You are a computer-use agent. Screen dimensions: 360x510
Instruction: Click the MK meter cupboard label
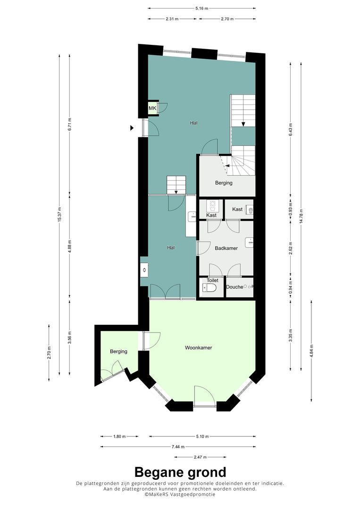(x=152, y=108)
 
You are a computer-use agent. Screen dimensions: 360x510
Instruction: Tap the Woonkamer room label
(x=198, y=348)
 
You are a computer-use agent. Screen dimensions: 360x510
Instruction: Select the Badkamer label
(x=226, y=248)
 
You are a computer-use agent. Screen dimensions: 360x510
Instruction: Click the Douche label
(x=234, y=287)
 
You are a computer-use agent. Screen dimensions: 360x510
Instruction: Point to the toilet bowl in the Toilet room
(x=209, y=288)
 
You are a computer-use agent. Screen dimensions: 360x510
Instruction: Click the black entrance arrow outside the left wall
(x=132, y=128)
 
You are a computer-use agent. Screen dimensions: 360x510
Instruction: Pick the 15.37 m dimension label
(x=59, y=215)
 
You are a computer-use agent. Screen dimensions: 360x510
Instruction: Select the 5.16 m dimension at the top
(x=202, y=8)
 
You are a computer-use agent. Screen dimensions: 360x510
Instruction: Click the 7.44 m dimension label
(x=178, y=447)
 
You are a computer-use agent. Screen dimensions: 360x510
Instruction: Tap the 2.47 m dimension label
(x=200, y=457)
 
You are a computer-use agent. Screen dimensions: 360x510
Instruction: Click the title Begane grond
(x=180, y=472)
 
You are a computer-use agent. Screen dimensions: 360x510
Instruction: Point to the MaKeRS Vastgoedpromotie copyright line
(x=180, y=494)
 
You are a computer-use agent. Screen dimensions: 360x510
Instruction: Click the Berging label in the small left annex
(x=118, y=351)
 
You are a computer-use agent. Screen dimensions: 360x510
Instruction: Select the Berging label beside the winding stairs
(x=224, y=183)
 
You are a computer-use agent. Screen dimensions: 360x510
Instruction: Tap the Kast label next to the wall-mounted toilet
(x=237, y=209)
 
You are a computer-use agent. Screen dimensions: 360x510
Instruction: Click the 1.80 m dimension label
(x=119, y=436)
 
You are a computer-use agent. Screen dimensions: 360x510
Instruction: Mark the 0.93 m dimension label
(x=291, y=209)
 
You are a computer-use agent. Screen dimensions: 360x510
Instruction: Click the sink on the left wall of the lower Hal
(x=144, y=270)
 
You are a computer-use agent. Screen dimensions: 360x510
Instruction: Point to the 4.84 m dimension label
(x=311, y=351)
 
